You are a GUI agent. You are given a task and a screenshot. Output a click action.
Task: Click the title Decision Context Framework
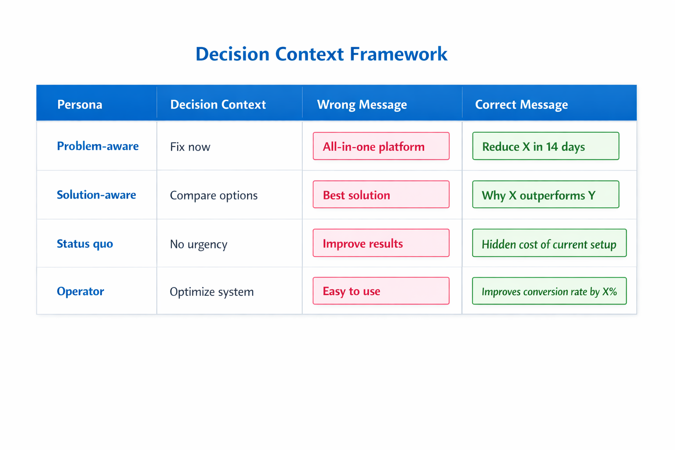tap(321, 54)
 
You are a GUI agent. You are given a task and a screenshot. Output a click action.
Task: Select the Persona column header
tap(80, 105)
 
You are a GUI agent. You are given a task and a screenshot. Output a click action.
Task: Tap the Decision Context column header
tap(218, 105)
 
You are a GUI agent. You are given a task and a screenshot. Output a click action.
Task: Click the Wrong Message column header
tap(362, 105)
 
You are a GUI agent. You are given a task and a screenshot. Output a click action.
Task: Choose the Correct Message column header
tap(521, 105)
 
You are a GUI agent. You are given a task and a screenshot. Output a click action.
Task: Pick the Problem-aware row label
tap(98, 146)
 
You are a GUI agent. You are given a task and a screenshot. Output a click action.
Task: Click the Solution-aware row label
tap(96, 195)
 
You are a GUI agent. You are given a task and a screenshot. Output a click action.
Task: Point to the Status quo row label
tap(85, 243)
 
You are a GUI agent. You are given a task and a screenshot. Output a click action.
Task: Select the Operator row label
tap(80, 291)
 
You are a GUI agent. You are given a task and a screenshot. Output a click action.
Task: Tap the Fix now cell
tap(190, 147)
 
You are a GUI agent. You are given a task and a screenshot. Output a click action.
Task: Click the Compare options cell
tap(214, 195)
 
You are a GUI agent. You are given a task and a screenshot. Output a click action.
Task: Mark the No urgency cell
tap(198, 244)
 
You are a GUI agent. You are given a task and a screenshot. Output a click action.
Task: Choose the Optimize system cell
tap(211, 292)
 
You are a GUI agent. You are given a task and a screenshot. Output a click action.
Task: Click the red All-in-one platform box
tap(381, 146)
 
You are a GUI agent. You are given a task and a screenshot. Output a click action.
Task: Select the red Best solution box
tap(381, 194)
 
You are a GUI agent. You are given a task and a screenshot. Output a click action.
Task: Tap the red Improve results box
tap(381, 243)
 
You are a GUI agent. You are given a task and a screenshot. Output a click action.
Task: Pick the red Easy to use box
tap(381, 291)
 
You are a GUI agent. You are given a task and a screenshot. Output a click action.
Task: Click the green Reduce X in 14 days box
tap(545, 146)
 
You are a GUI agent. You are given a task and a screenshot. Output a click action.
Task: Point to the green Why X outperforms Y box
tap(545, 194)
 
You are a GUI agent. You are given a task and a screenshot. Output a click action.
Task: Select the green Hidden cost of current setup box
tap(549, 243)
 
